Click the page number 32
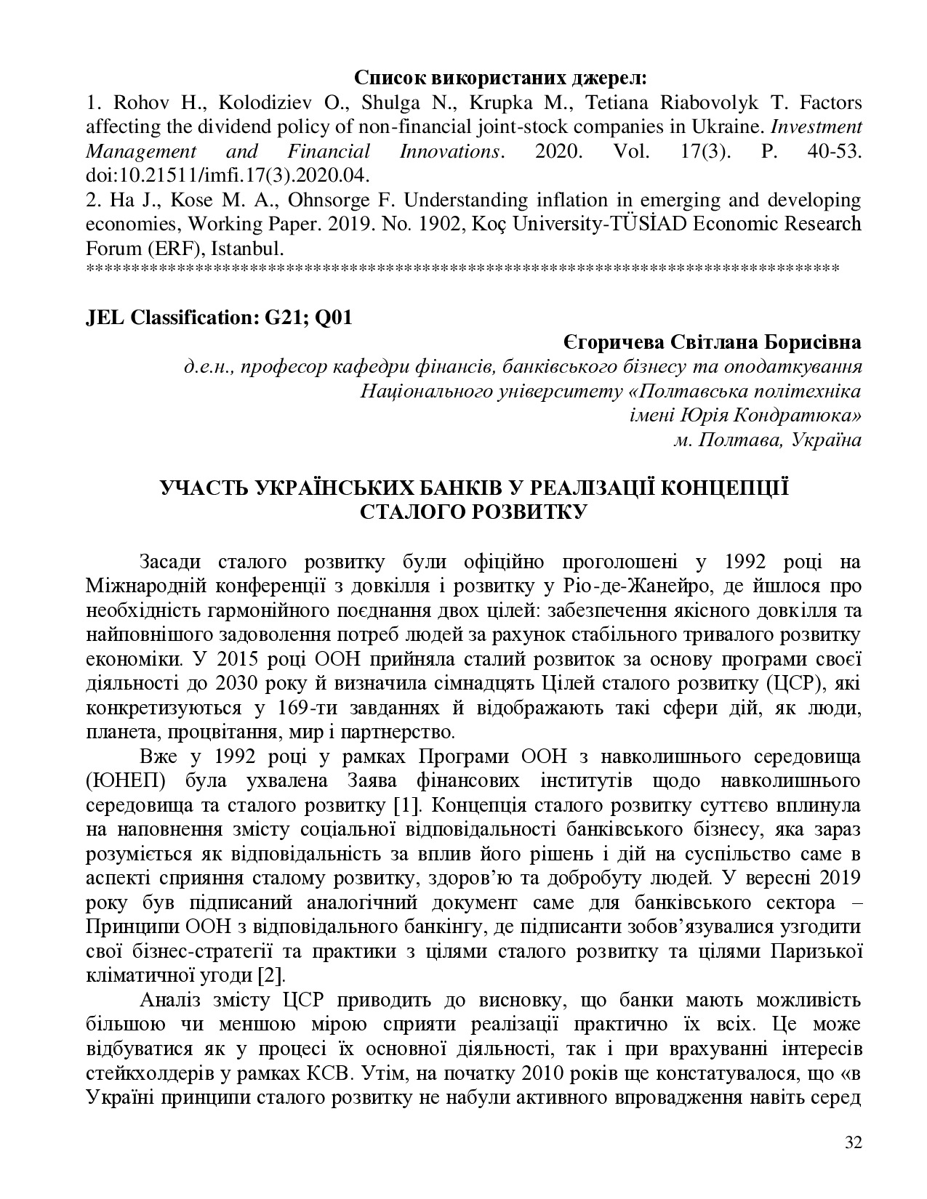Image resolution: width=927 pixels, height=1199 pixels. tap(854, 1142)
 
